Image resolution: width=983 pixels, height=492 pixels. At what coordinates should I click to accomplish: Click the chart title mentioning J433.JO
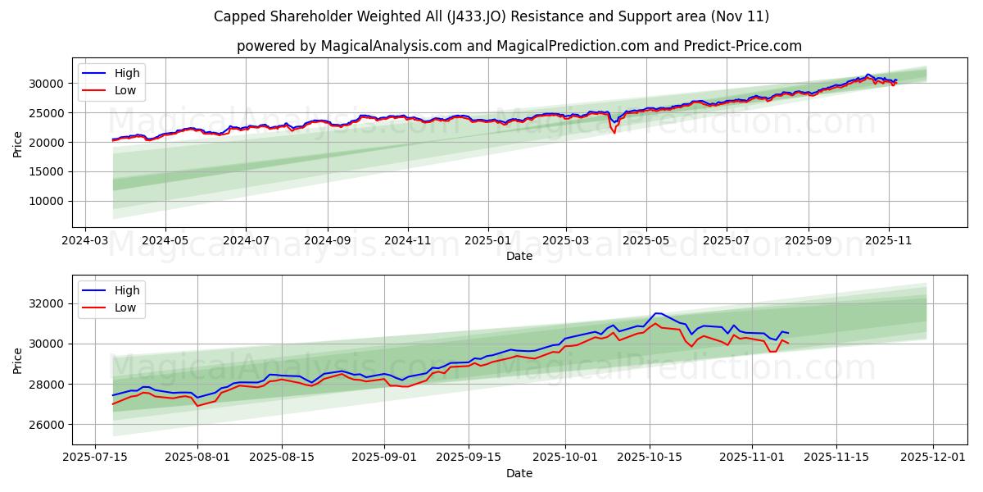coord(491,16)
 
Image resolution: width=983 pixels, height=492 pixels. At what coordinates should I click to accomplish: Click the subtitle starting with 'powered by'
coord(519,46)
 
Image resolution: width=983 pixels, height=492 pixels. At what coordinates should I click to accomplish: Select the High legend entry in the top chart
coord(127,73)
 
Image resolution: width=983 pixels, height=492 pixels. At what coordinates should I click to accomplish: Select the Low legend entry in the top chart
coord(125,91)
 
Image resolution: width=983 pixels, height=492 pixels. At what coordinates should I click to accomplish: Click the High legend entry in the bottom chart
coord(127,290)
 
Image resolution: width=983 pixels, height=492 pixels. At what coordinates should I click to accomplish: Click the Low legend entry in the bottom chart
coord(125,308)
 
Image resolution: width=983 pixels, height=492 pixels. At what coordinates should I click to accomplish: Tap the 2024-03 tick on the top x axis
coord(85,241)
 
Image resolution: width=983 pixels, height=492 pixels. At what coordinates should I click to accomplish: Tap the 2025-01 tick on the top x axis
coord(488,241)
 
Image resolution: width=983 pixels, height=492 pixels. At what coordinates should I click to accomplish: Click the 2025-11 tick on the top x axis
coord(889,241)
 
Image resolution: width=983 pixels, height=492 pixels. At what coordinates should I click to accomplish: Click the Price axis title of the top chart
coord(18,144)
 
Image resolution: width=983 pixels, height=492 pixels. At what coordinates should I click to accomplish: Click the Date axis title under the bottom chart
coord(519,473)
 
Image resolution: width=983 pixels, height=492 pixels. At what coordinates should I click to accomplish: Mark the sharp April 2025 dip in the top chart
coord(614,131)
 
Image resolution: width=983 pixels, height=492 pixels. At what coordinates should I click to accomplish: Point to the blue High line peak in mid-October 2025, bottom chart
coord(655,313)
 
